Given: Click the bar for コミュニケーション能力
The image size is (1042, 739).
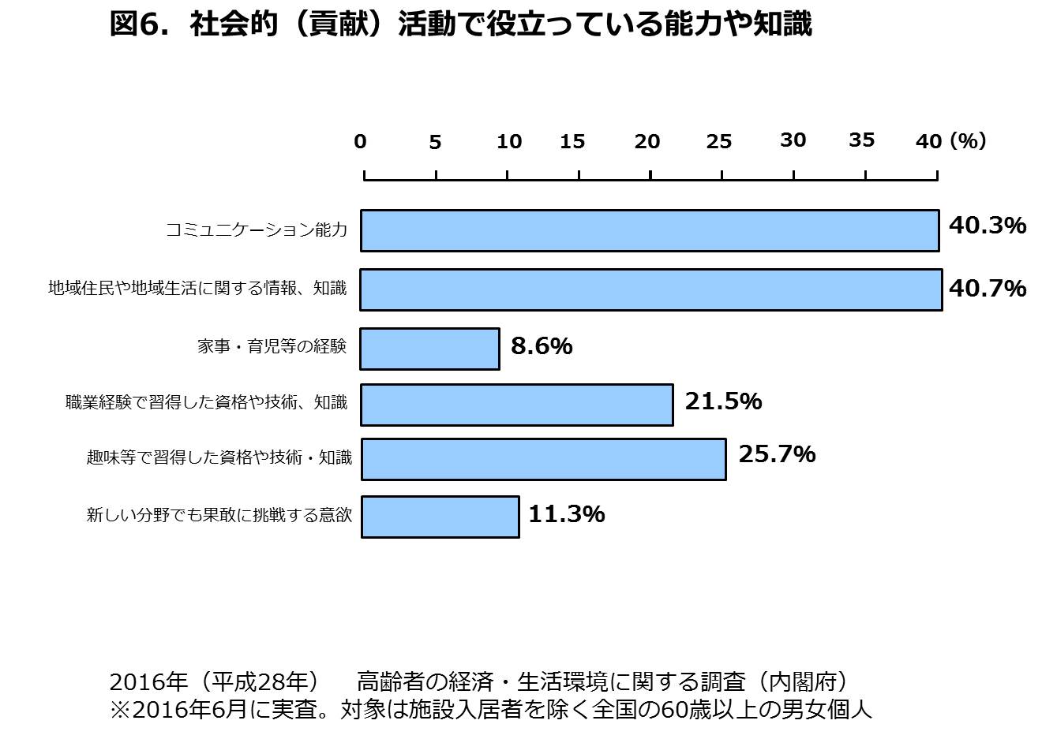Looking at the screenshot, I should coord(650,230).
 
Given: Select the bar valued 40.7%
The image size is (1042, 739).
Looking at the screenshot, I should coord(651,289).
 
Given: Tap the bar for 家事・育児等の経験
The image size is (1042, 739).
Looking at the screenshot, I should coord(429,349).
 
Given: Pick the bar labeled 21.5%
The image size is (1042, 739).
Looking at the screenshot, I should coord(517,405).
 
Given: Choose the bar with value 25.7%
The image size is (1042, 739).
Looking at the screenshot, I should coord(543,459).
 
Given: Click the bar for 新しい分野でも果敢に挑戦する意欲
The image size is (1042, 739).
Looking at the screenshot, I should coord(440,517).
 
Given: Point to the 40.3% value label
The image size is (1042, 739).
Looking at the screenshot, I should coord(987,226).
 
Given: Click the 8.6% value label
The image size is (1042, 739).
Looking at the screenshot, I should coord(542,346).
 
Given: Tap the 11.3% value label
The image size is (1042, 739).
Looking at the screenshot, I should coord(566,514).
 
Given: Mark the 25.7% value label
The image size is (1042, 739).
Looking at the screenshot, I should coord(777,454).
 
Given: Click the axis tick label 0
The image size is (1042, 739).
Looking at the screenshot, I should coord(361,142).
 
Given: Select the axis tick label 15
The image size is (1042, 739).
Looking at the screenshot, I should coord(572,142).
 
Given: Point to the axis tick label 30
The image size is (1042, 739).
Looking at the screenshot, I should coord(793,140).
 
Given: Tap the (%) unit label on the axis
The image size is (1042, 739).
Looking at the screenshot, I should coord(968,140).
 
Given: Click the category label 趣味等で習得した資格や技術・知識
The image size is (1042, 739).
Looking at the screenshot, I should coord(219,457).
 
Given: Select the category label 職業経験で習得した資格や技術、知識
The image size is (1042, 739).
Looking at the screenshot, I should coord(206,402).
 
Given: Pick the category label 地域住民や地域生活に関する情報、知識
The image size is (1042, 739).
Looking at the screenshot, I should coord(197,288).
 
